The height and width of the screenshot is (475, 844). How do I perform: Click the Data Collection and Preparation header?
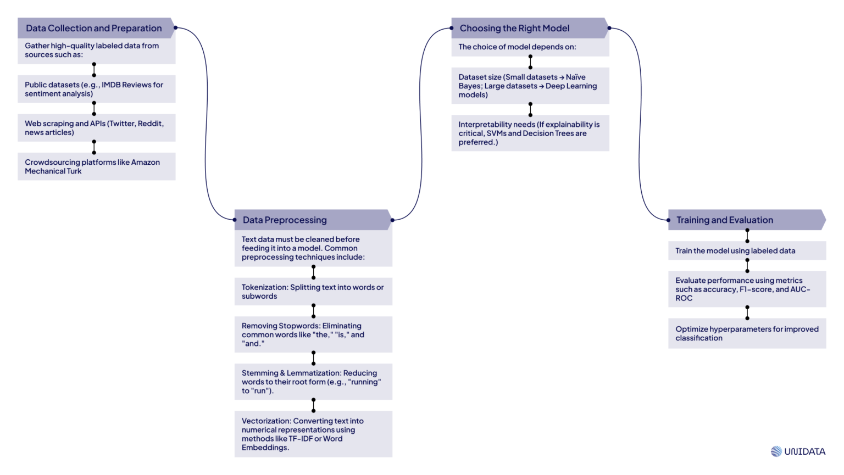click(x=94, y=28)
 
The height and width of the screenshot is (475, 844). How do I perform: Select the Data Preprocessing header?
click(x=285, y=220)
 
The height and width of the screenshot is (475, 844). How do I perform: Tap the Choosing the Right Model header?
click(x=514, y=28)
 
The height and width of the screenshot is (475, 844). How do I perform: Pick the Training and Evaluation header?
click(x=724, y=220)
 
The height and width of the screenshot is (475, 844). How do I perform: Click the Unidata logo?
click(x=798, y=451)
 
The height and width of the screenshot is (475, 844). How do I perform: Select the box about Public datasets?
click(x=96, y=89)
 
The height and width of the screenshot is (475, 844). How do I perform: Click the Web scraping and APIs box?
click(x=96, y=128)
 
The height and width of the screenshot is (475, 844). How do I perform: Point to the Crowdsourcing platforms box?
click(x=96, y=166)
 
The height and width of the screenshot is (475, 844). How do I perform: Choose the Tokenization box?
click(x=313, y=292)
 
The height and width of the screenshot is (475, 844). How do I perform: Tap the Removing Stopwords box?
click(x=313, y=334)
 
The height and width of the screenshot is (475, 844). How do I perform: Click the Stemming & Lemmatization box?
click(x=313, y=382)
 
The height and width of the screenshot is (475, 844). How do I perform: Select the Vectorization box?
click(x=313, y=434)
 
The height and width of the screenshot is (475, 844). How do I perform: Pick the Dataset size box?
click(x=530, y=86)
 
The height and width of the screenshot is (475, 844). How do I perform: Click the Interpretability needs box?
click(x=530, y=133)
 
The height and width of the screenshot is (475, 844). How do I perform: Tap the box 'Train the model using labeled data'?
click(x=747, y=250)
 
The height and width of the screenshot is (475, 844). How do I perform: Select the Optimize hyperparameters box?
click(x=747, y=333)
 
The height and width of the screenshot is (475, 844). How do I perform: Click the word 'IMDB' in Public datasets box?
click(x=111, y=85)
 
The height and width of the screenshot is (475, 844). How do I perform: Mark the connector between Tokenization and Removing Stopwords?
click(x=314, y=311)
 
